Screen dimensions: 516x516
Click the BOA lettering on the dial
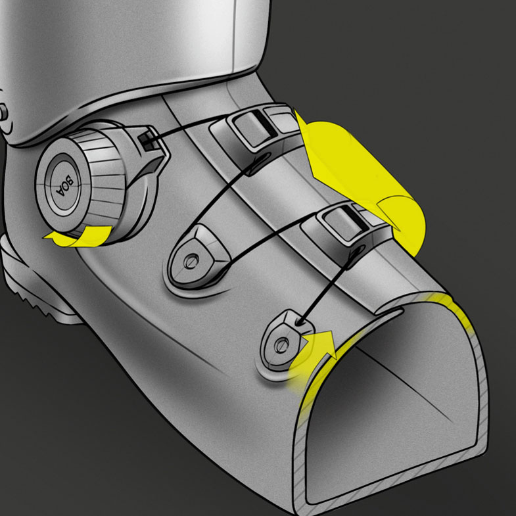65,185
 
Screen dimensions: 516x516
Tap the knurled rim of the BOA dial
99,177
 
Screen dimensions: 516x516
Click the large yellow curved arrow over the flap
362,181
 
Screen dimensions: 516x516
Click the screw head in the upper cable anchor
191,262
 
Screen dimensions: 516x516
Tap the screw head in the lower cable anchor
281,345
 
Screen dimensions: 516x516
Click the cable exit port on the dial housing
147,139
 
